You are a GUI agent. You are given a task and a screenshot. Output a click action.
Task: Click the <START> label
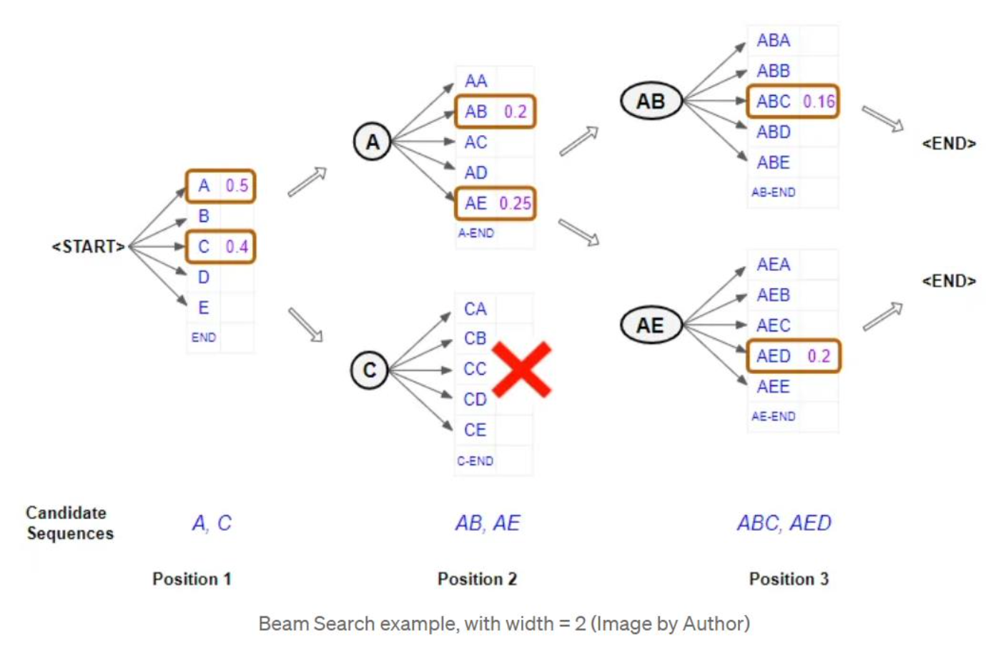(x=88, y=247)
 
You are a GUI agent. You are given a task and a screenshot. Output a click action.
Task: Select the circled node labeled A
(x=373, y=142)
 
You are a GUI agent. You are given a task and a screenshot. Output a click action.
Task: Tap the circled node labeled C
(x=370, y=370)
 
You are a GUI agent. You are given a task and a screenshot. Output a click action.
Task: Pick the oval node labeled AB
(x=651, y=102)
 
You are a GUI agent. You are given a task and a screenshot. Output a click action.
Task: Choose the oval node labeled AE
(x=650, y=326)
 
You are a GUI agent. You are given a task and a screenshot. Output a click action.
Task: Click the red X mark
(x=522, y=369)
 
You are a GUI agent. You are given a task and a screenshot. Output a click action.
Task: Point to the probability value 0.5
(x=237, y=186)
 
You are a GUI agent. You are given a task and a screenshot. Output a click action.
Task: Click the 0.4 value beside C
(x=237, y=247)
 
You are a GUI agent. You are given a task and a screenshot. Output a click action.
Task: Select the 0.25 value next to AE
(x=515, y=204)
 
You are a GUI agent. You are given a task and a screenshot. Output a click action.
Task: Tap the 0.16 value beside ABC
(x=819, y=102)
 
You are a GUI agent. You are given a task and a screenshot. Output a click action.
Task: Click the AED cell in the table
(x=774, y=356)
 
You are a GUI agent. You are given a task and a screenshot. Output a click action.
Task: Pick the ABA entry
(x=774, y=41)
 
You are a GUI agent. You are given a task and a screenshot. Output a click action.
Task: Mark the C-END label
(x=475, y=461)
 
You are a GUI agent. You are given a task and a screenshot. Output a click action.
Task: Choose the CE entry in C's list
(x=475, y=430)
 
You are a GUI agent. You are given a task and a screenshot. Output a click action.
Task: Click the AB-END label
(x=773, y=192)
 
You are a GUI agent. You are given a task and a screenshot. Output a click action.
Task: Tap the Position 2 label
(x=477, y=579)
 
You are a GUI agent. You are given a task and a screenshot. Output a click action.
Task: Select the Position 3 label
(x=789, y=579)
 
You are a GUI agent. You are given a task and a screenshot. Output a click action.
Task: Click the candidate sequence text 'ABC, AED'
(x=784, y=523)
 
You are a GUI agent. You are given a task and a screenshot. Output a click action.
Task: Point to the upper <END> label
(x=949, y=144)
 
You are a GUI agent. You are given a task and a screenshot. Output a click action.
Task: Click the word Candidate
(x=66, y=513)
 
